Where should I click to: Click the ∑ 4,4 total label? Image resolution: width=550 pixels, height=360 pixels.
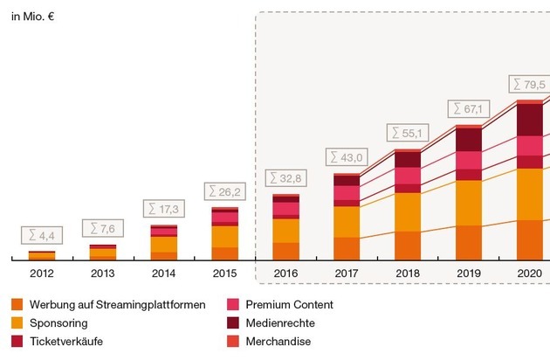(x=41, y=235)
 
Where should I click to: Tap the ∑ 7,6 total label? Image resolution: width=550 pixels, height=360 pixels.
(x=103, y=229)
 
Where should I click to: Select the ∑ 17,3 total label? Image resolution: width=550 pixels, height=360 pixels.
(x=163, y=210)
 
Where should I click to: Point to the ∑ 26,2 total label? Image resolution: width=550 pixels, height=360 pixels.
(x=225, y=190)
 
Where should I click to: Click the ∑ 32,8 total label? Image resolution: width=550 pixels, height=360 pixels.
(x=285, y=177)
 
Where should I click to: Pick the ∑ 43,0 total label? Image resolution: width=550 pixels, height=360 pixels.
(x=347, y=157)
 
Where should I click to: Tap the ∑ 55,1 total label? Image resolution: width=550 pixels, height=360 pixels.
(x=408, y=133)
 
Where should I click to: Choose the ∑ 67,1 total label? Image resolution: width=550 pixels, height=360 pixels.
(x=469, y=108)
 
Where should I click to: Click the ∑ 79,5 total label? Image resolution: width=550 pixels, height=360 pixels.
(x=530, y=84)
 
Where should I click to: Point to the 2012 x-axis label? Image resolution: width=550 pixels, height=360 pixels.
(x=41, y=273)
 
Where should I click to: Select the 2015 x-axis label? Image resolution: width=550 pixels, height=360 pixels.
(x=224, y=273)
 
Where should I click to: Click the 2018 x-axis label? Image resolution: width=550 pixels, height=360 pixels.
(x=408, y=273)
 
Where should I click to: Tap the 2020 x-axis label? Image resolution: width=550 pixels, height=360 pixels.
(x=530, y=273)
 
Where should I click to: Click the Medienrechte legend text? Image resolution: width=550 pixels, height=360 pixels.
(x=280, y=323)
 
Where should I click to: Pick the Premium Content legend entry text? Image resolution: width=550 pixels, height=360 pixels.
(x=289, y=305)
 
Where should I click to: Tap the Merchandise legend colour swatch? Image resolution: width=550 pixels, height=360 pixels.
(x=233, y=342)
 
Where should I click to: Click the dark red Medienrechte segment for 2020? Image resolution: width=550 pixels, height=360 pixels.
(x=530, y=120)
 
